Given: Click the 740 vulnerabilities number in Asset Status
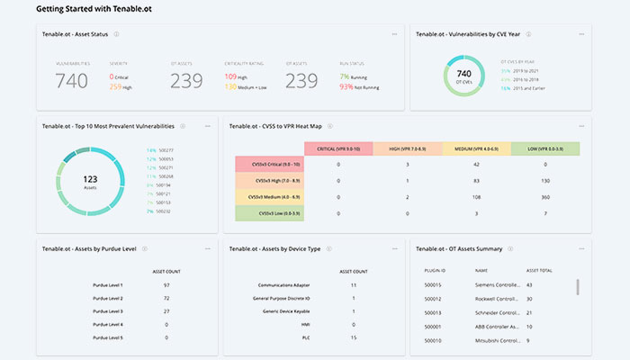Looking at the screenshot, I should coord(71,82).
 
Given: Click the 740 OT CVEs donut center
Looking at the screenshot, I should coord(464,75).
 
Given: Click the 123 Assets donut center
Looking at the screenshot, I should coord(90,181).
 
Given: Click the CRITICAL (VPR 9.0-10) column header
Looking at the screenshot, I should coord(337,148).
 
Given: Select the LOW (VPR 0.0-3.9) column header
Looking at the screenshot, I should coord(545,148).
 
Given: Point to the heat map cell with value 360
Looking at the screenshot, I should coord(545,196).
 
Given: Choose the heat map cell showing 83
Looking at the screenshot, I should coord(476,180).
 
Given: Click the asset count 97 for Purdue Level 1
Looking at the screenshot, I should coord(167,283).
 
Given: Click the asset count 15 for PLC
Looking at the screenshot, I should coord(354,337).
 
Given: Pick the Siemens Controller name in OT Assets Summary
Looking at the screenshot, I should coord(496,284).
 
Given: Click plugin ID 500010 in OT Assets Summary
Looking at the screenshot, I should coord(433,340).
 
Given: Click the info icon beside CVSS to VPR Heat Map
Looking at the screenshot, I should coord(330,127).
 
